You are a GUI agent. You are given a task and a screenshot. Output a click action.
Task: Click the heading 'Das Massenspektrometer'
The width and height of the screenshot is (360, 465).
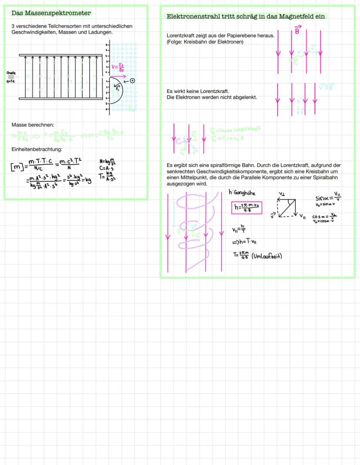(51, 13)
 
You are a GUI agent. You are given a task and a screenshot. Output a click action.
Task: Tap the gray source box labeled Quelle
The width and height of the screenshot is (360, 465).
(11, 77)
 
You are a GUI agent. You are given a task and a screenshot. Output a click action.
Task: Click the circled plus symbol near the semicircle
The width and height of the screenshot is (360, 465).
(133, 80)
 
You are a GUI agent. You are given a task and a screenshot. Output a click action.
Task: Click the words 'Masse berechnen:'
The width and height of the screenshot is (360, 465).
(33, 125)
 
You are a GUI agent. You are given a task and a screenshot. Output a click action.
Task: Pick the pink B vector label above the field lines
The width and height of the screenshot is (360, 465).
(297, 30)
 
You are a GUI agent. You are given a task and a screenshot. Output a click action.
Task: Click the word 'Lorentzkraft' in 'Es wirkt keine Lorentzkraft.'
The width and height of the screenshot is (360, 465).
(213, 91)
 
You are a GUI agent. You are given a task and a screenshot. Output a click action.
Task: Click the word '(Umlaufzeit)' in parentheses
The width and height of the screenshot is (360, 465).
(267, 256)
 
